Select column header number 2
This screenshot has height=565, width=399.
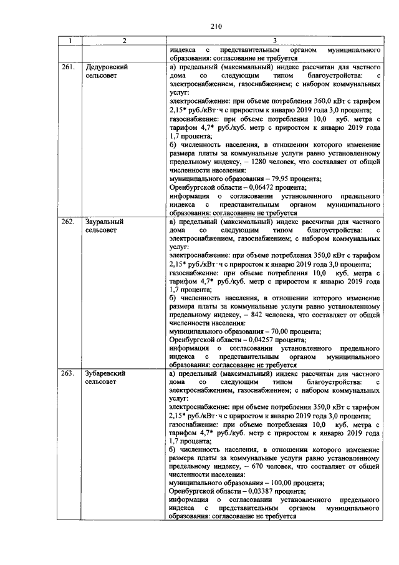click(x=124, y=41)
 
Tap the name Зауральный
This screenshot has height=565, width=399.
click(x=104, y=222)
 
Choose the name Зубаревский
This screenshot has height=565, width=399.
click(x=106, y=373)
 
